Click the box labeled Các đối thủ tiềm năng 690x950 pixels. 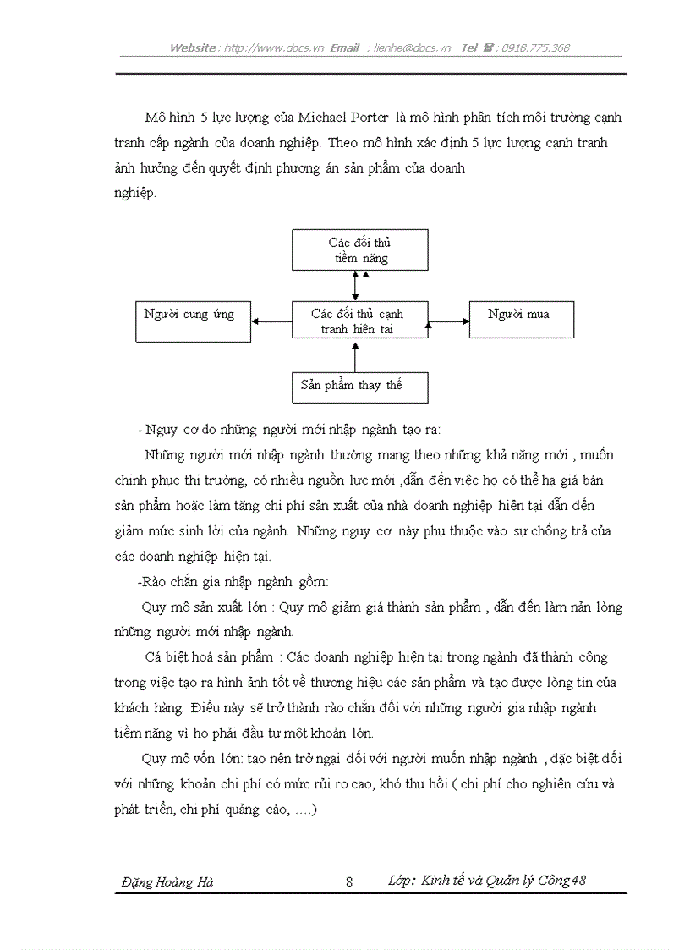[360, 250]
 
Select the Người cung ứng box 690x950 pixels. [194, 321]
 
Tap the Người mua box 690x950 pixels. [522, 319]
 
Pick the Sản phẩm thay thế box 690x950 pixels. [359, 387]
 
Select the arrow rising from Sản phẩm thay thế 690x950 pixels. [355, 357]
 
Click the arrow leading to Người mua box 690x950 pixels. [448, 321]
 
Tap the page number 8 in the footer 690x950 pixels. [349, 881]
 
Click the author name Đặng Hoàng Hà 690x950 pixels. [167, 881]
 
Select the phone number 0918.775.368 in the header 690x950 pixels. [536, 48]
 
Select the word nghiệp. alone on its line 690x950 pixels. [135, 194]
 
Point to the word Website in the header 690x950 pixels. [193, 48]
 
